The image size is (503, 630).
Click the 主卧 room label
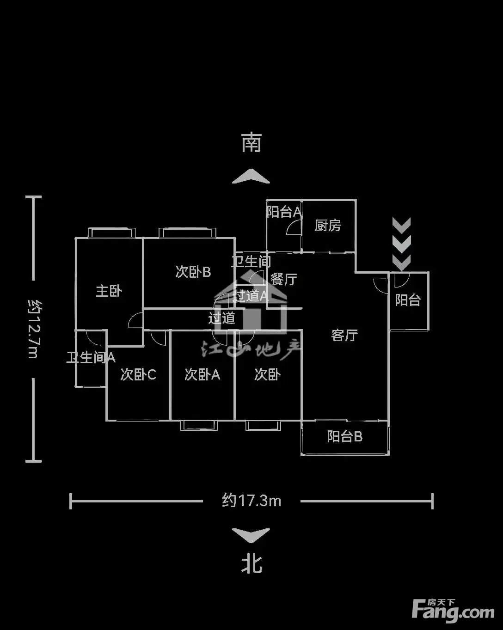tap(109, 291)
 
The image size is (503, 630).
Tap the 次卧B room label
tap(193, 272)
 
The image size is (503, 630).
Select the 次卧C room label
tap(138, 374)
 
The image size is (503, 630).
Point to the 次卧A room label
tap(202, 374)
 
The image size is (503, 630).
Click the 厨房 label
tap(328, 226)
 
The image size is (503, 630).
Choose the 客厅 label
tap(344, 335)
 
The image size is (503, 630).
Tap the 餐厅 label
tap(283, 279)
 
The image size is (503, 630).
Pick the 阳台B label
tap(344, 436)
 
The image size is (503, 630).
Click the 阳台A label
tap(284, 212)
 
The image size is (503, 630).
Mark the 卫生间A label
tap(91, 357)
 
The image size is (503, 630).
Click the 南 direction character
tap(251, 143)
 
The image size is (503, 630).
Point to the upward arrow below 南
tap(251, 177)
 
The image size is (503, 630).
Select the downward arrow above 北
tap(251, 535)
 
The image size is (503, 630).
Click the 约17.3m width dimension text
tap(251, 501)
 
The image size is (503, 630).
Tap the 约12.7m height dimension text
tap(33, 329)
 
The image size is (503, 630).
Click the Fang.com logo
tap(453, 611)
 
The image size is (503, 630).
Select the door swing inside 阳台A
tap(294, 228)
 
